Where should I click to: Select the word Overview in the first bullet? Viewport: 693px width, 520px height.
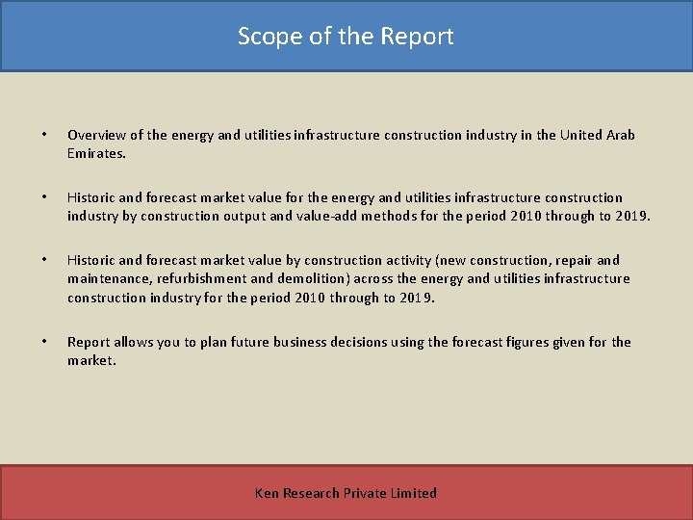(x=98, y=135)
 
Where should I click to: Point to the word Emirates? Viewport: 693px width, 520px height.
(x=95, y=153)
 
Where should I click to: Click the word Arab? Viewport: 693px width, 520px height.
(x=621, y=135)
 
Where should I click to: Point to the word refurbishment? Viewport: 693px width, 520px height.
(x=200, y=278)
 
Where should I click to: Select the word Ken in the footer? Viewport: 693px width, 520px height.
(x=267, y=493)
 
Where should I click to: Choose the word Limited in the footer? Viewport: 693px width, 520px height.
(x=414, y=493)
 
